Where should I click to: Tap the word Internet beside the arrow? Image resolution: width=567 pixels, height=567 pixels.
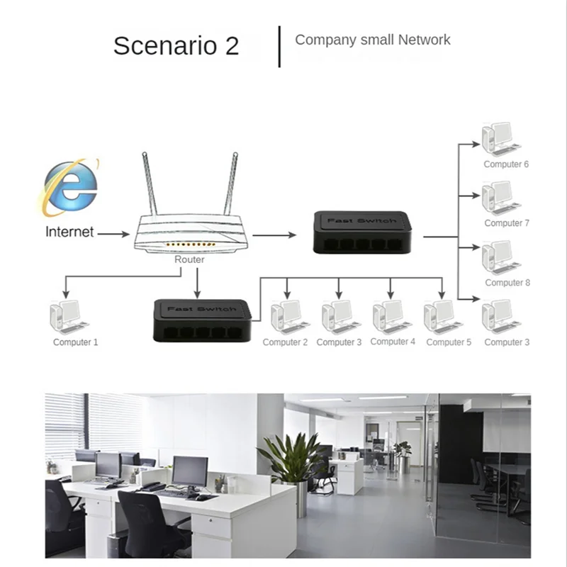[x=69, y=232]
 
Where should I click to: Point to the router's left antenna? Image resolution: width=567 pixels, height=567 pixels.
[x=150, y=184]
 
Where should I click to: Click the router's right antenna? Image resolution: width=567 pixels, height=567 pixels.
[x=231, y=184]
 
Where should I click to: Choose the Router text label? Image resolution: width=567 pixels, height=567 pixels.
[x=189, y=260]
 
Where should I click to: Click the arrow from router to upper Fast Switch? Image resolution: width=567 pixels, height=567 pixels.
[x=274, y=235]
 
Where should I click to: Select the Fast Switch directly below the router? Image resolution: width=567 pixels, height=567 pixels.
[x=203, y=320]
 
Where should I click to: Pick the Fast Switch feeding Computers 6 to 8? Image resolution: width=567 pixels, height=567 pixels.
[x=362, y=232]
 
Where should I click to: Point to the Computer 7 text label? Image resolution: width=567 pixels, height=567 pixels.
[x=507, y=223]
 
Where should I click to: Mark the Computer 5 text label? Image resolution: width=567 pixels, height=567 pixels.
[x=449, y=342]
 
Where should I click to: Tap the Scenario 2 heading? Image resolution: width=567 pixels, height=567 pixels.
[x=176, y=46]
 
